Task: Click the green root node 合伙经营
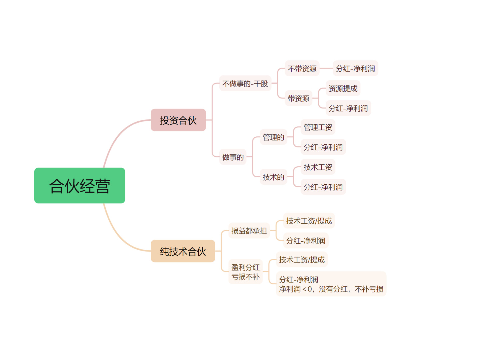(x=80, y=185)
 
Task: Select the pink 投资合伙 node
(x=178, y=120)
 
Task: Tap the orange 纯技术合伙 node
(x=183, y=251)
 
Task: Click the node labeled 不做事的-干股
(x=245, y=83)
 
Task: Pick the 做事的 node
(x=233, y=157)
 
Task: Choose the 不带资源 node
(x=302, y=68)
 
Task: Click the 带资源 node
(x=298, y=98)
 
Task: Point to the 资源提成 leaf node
(x=343, y=88)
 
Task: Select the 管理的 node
(x=273, y=137)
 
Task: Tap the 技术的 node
(x=273, y=177)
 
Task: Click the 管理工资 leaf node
(x=318, y=127)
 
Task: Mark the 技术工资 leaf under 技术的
(x=318, y=167)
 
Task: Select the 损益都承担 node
(x=249, y=231)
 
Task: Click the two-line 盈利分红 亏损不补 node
(x=245, y=272)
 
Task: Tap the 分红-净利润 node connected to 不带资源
(x=355, y=68)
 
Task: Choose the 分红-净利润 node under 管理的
(x=323, y=147)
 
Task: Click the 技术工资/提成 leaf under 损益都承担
(x=309, y=220)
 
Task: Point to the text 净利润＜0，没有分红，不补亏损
(x=331, y=289)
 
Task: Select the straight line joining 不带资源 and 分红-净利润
(x=326, y=68)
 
